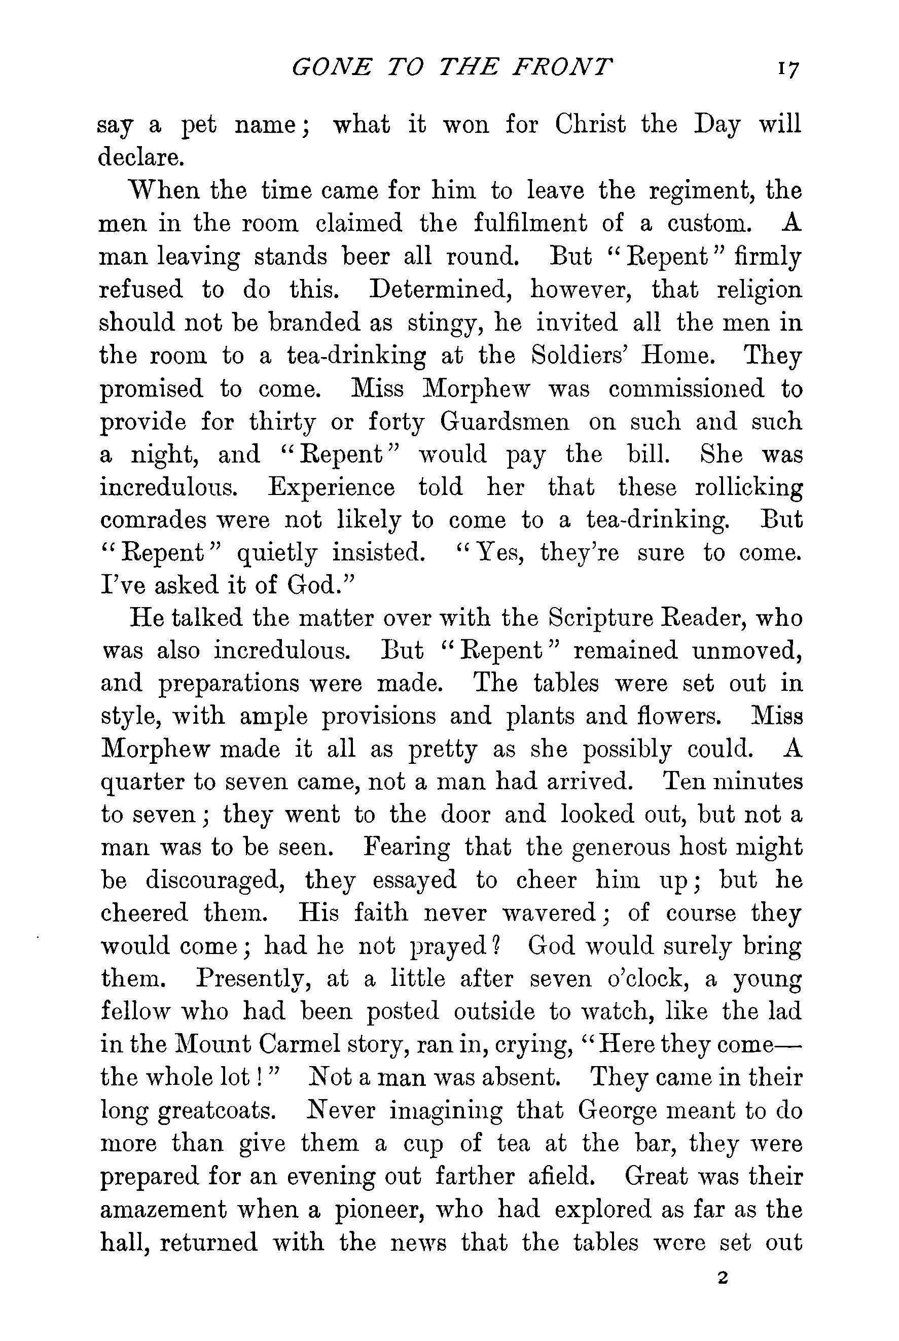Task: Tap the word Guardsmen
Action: tap(505, 422)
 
